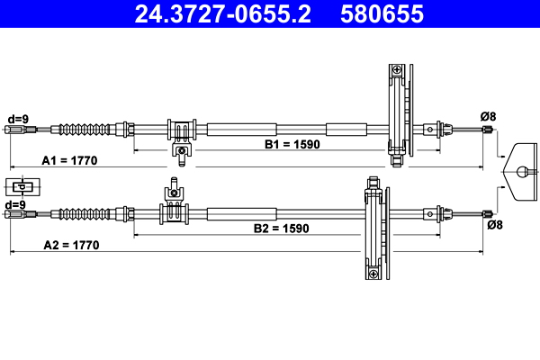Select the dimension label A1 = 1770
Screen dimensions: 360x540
(70, 160)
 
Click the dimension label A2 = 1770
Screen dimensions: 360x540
(70, 245)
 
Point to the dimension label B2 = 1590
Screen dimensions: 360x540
(280, 229)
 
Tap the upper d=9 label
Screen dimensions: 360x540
(18, 117)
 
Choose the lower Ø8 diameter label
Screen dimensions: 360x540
(494, 225)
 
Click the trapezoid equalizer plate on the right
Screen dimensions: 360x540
(521, 169)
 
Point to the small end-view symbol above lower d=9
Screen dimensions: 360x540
(22, 187)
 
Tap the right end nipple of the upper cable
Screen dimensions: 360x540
(489, 130)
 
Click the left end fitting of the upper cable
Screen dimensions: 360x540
(16, 130)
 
